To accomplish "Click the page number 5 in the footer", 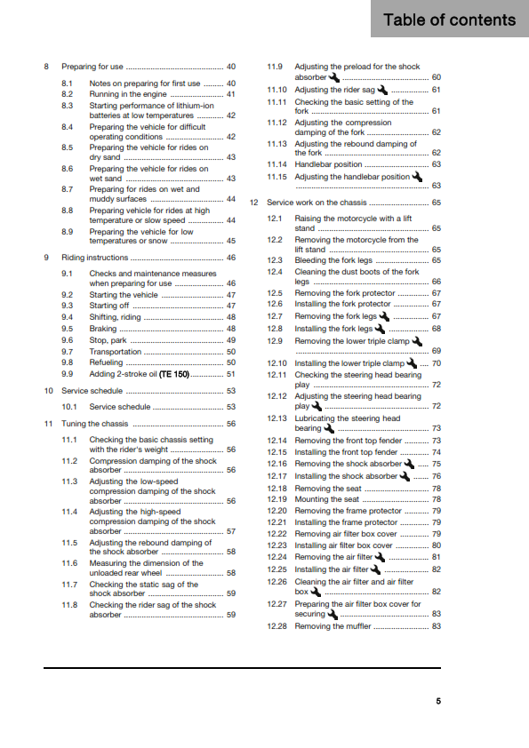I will [437, 701].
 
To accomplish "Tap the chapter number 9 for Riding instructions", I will [45, 257].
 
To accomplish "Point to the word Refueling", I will [107, 362].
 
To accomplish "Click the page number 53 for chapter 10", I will [230, 390].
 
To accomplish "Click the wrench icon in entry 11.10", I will [382, 90].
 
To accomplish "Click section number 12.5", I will [276, 292].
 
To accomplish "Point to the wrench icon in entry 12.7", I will [384, 315].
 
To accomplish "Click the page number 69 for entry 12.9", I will [436, 351].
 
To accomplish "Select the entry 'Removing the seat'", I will [328, 488].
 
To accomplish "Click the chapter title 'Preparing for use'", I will [92, 67].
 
